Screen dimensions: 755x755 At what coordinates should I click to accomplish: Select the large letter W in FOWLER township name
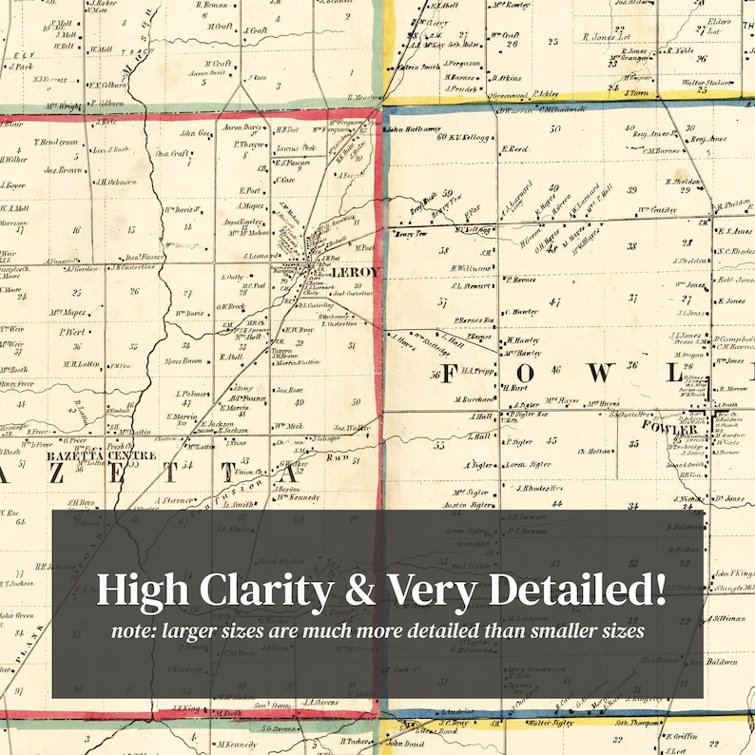point(599,373)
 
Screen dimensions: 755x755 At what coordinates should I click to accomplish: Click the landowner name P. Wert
point(74,333)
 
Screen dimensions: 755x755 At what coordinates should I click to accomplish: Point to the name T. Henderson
point(54,143)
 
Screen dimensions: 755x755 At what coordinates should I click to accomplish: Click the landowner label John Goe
point(193,134)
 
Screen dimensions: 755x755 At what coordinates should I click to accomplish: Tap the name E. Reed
point(515,149)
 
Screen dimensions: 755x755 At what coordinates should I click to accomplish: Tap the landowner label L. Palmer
point(192,393)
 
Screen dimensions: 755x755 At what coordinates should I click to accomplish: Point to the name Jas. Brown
point(62,170)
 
